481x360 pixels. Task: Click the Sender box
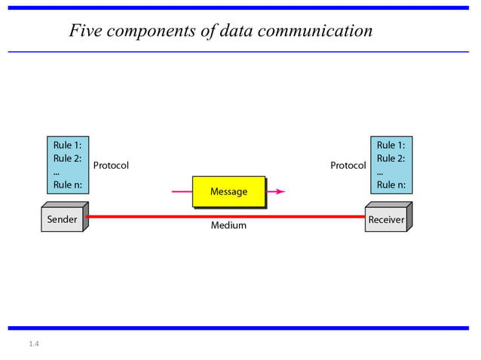pos(62,220)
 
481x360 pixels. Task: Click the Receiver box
pos(385,220)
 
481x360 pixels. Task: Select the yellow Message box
pos(228,191)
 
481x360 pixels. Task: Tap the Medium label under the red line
pos(228,225)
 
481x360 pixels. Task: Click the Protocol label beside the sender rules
pos(111,165)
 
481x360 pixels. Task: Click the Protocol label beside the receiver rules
pos(348,165)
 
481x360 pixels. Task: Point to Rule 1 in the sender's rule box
pos(67,145)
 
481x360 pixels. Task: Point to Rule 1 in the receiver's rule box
pos(391,145)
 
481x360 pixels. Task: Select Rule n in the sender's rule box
pos(67,185)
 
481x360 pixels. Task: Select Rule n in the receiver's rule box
pos(391,185)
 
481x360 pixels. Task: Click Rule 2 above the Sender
pos(67,158)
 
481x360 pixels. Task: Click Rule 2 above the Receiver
pos(391,158)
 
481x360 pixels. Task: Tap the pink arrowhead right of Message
pos(280,191)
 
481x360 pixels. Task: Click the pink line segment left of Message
pos(182,191)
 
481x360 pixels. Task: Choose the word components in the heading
pos(155,32)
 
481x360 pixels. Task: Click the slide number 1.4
pos(33,344)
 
